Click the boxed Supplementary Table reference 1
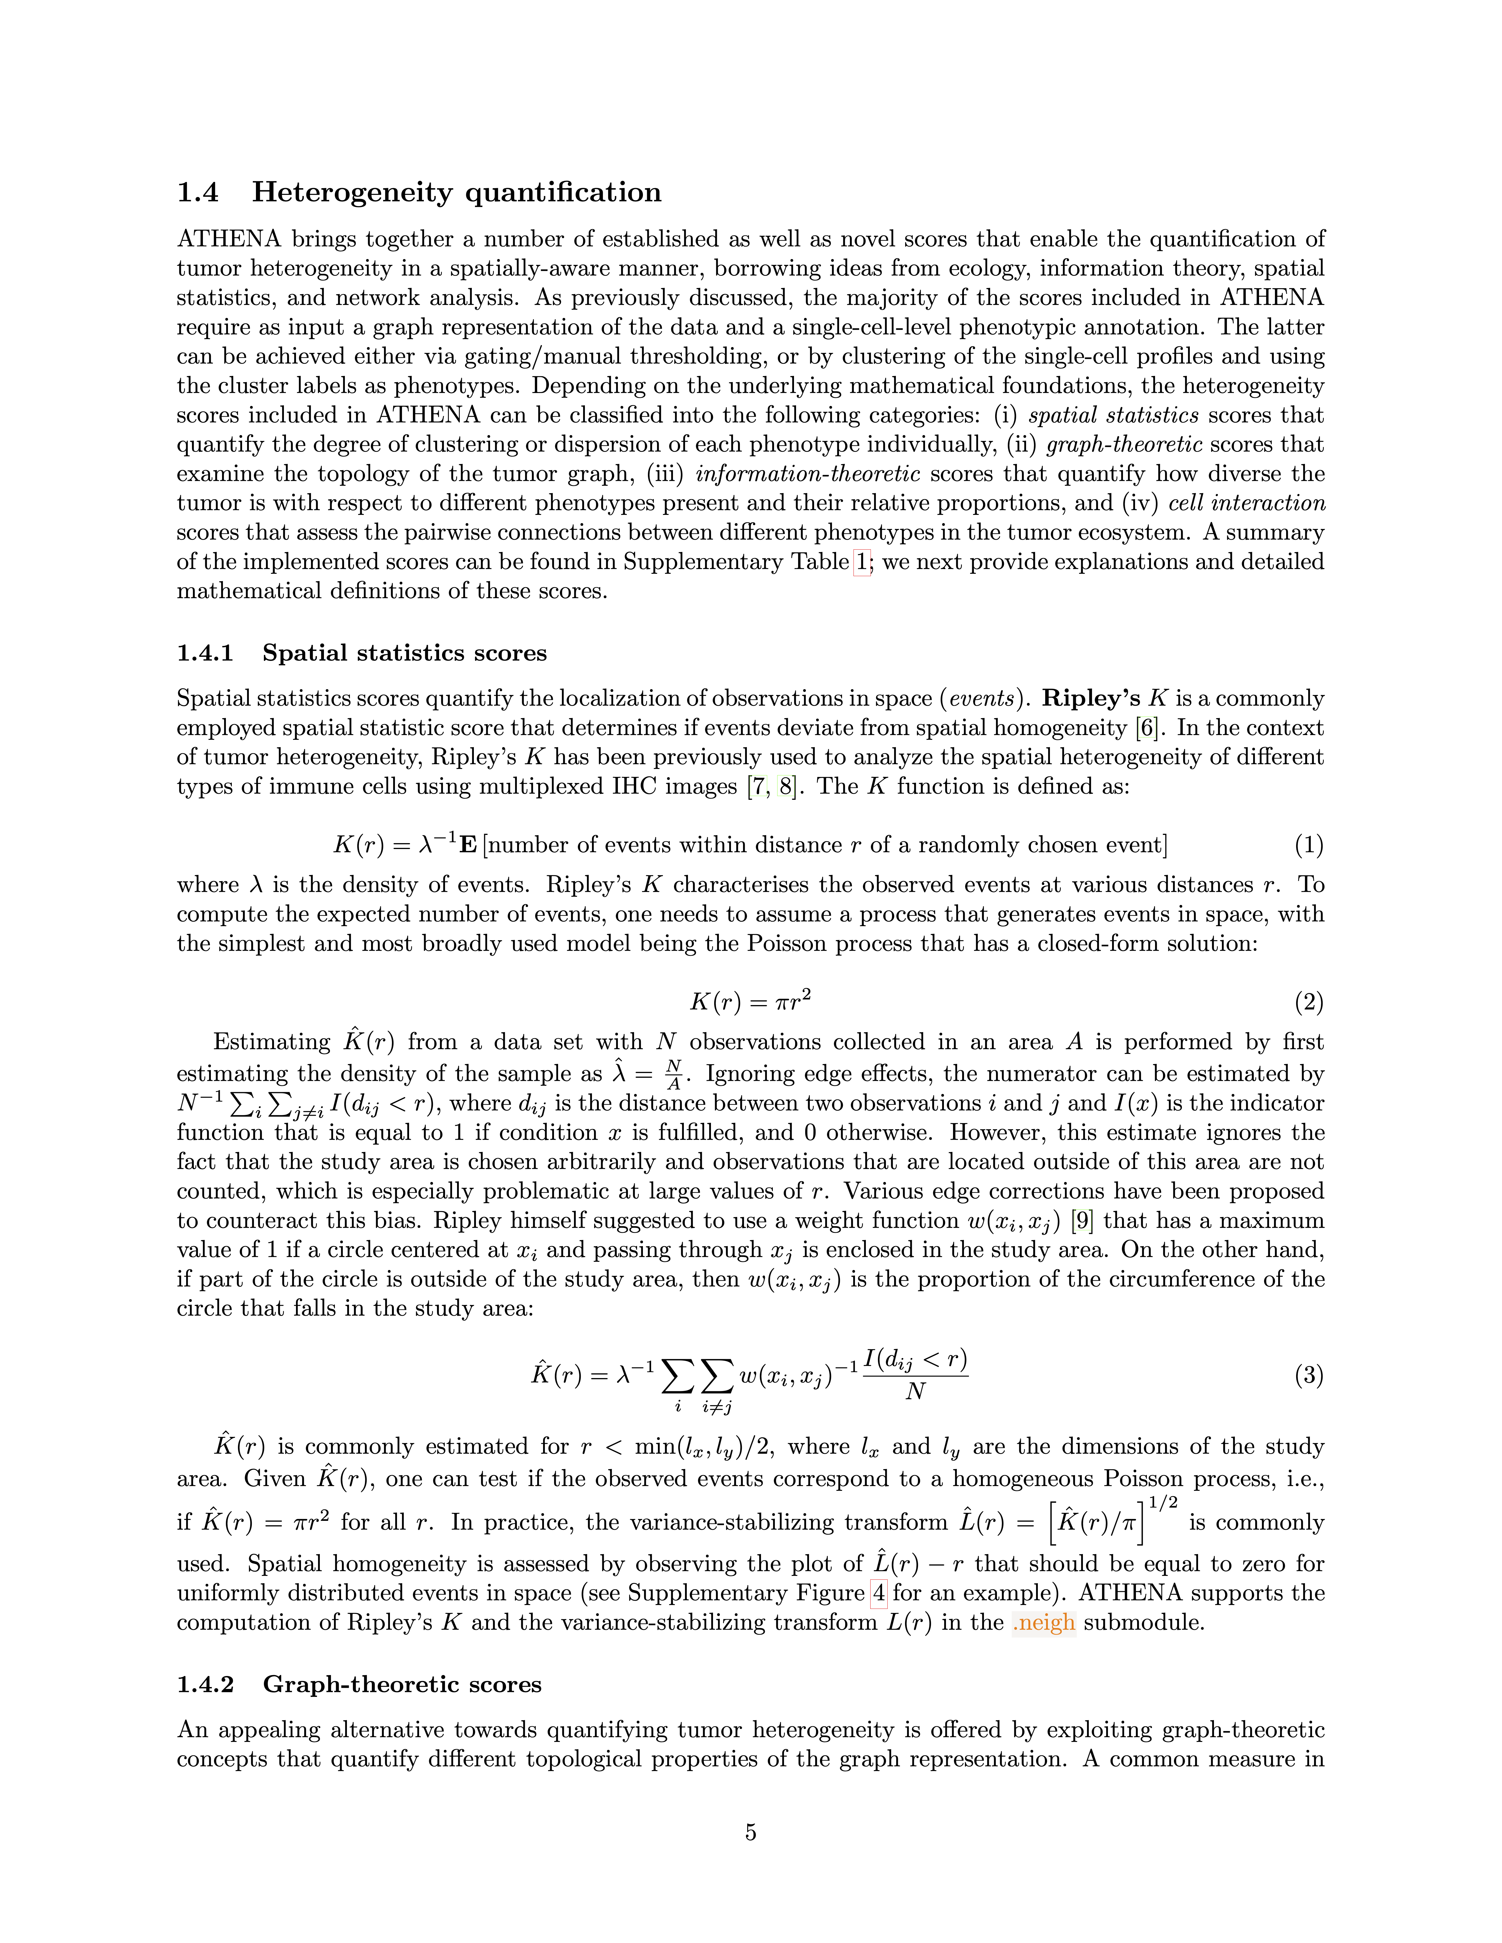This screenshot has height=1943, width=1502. (861, 562)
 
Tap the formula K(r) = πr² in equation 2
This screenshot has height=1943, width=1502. (750, 1003)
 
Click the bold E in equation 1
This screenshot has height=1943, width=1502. (467, 845)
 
